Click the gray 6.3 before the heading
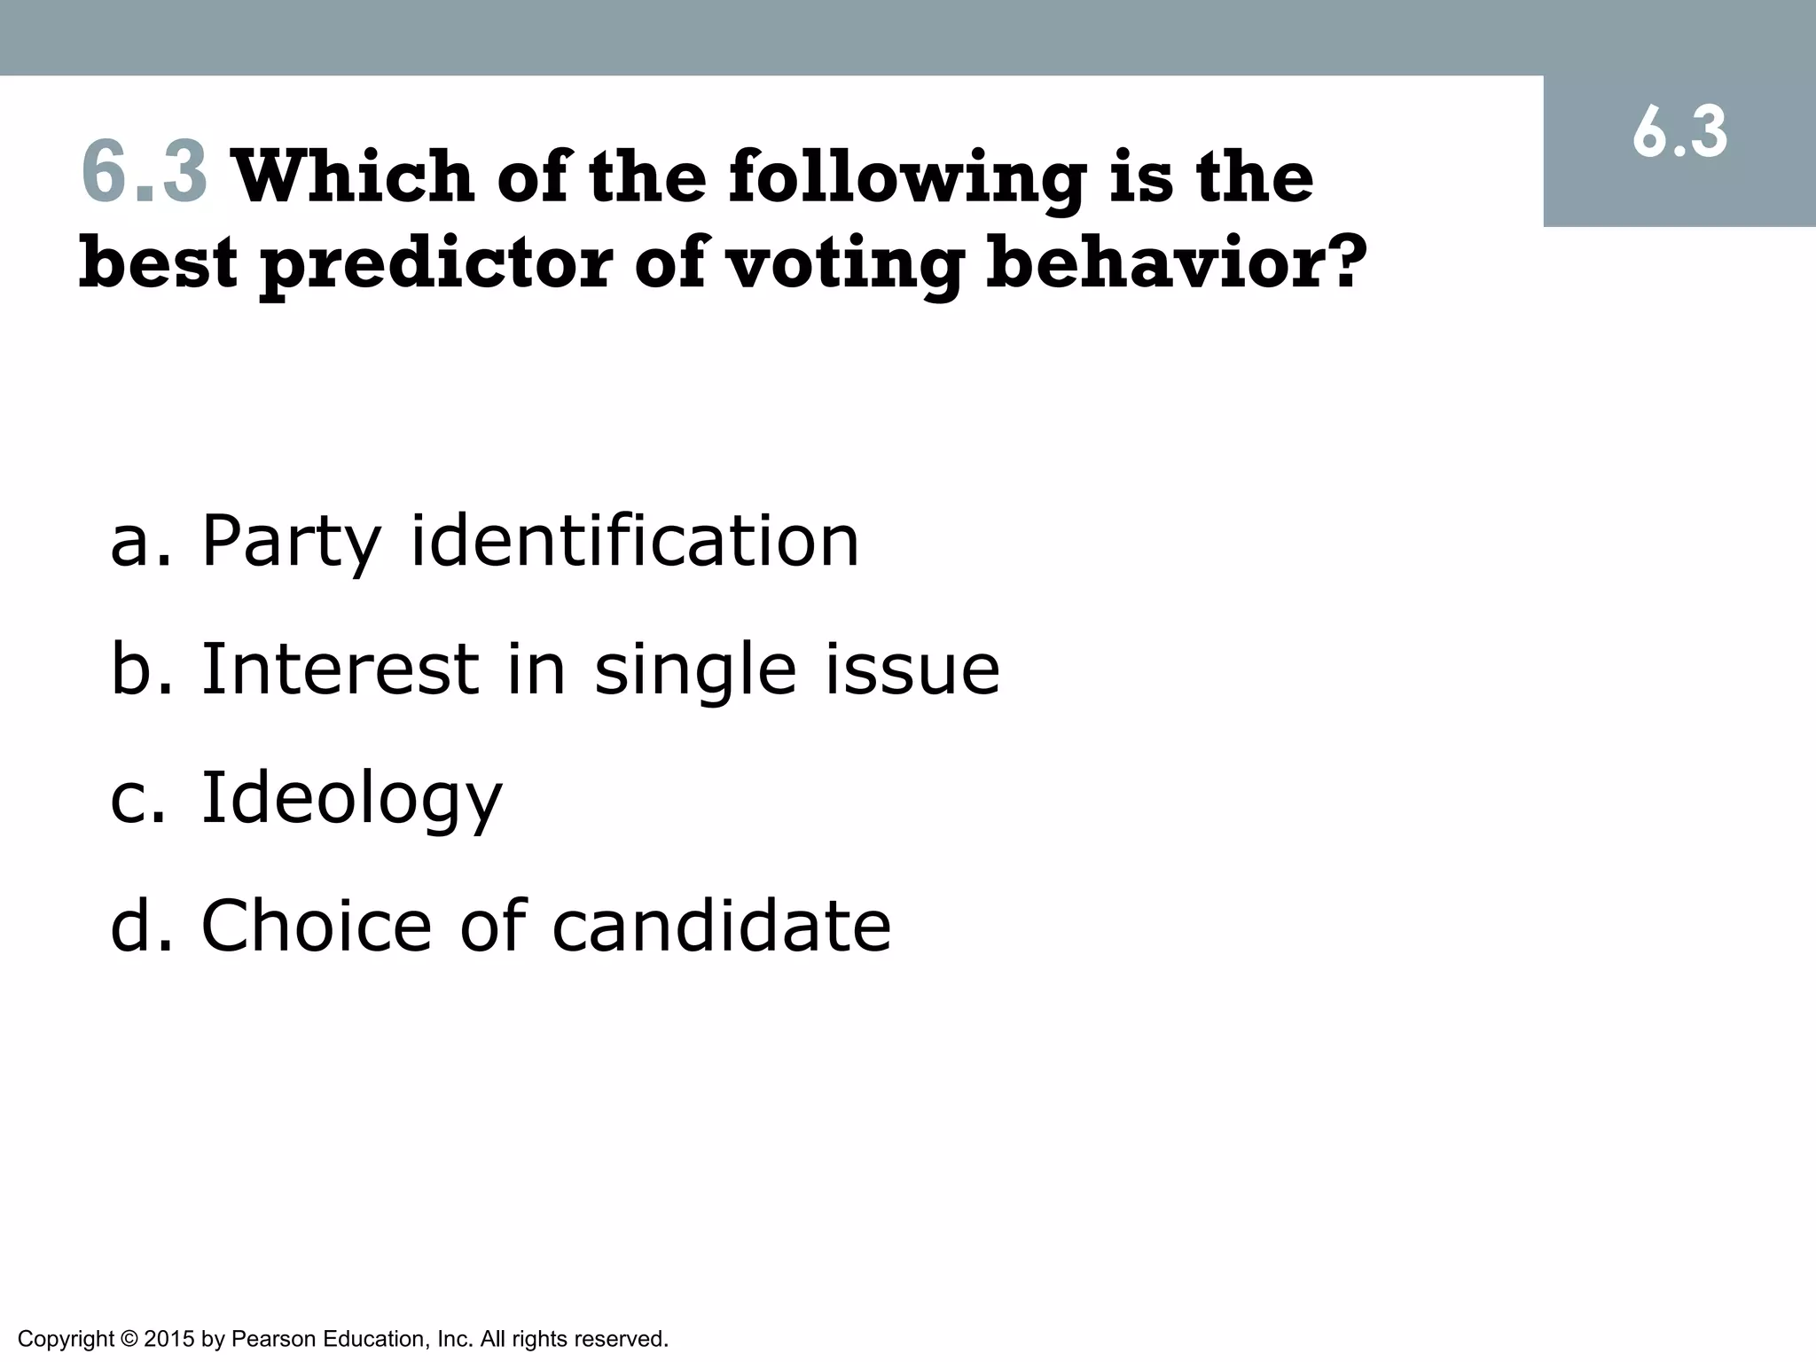click(145, 173)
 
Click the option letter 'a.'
click(138, 541)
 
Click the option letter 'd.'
click(138, 925)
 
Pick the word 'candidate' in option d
click(721, 925)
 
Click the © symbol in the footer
click(129, 1339)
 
